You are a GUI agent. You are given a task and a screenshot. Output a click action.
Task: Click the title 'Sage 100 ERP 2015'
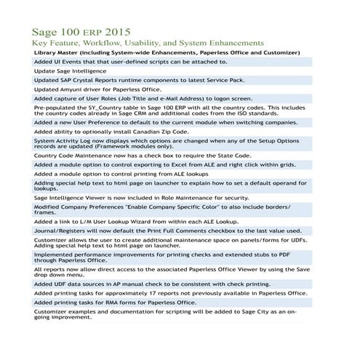coord(81,33)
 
